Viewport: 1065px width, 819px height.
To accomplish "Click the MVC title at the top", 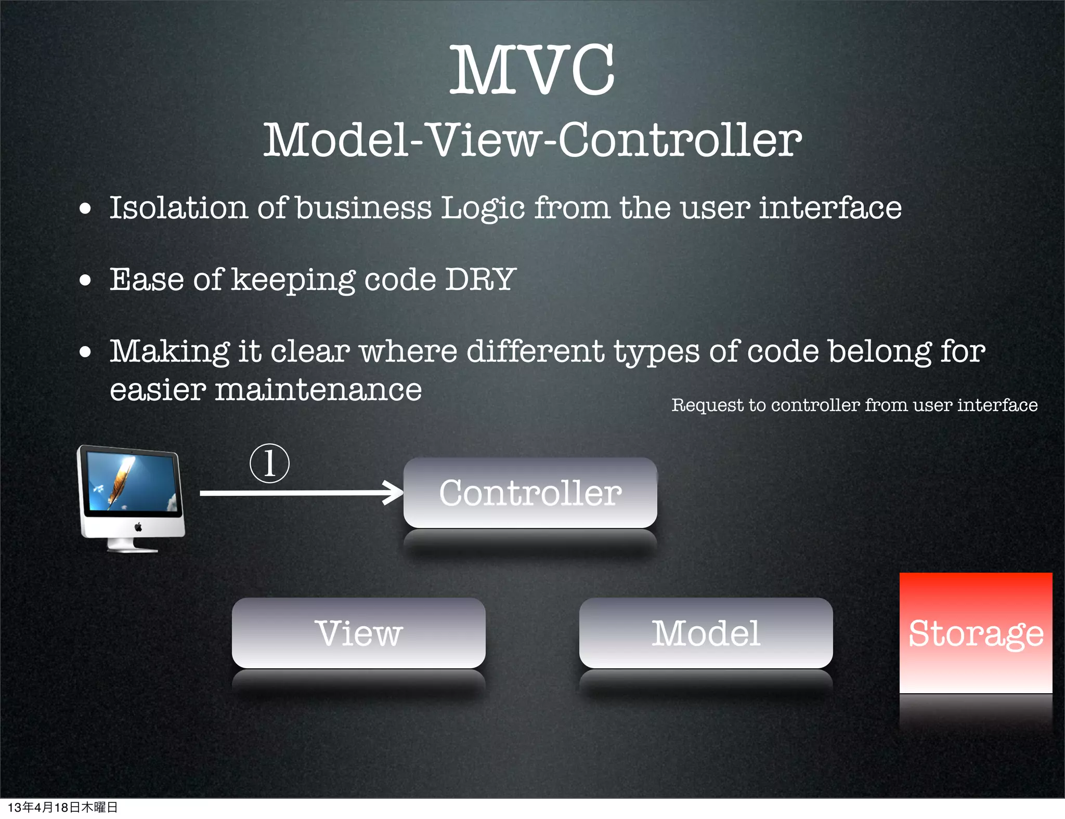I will point(532,70).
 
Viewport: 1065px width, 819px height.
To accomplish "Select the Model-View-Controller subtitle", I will point(532,140).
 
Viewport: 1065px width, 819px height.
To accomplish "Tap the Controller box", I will point(530,493).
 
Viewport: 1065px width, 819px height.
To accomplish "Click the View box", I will point(358,633).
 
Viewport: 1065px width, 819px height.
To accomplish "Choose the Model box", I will point(706,633).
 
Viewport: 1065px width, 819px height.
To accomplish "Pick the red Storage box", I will point(976,633).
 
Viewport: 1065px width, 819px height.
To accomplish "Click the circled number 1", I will point(269,463).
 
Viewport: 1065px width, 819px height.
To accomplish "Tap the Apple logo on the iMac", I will point(138,527).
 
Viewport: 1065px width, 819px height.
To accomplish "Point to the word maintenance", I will point(318,390).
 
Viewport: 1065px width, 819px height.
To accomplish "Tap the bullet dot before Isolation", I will point(85,209).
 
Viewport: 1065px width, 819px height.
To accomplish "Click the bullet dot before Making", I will point(85,352).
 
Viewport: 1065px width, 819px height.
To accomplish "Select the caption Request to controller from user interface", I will point(854,405).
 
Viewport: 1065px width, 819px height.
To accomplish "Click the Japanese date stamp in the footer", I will point(62,807).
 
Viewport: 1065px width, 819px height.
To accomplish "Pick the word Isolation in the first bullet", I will point(178,207).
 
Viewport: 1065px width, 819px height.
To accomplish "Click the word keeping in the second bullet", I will point(293,280).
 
